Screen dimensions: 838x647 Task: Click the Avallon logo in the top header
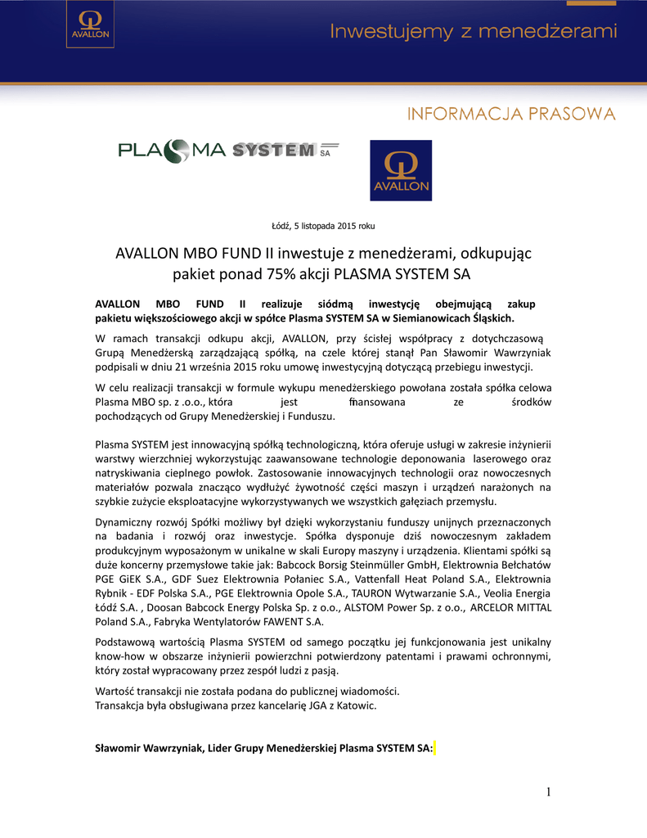pos(89,30)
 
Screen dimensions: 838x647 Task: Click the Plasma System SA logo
pos(229,150)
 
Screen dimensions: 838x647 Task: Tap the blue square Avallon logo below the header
pos(401,170)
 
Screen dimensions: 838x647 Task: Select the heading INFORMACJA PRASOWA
pos(511,113)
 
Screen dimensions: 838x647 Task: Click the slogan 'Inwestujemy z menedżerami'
pos(474,33)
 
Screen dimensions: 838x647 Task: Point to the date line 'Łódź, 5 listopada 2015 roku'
pos(323,225)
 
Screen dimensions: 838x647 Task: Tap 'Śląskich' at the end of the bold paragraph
pos(490,318)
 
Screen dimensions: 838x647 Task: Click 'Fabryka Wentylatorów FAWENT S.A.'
pos(236,621)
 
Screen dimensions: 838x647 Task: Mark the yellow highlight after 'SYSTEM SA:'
pos(435,747)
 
